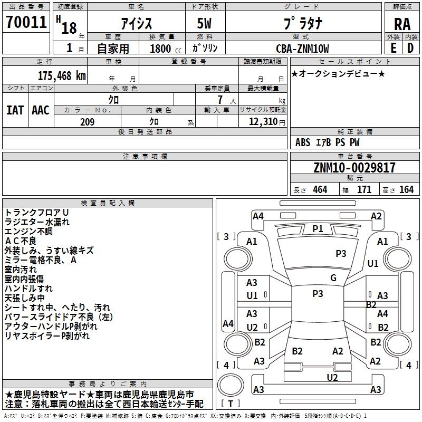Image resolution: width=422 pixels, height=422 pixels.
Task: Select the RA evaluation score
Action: tap(402, 24)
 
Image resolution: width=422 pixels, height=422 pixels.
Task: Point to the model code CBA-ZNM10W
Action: tap(302, 49)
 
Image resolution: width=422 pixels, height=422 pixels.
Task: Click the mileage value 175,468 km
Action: tap(62, 75)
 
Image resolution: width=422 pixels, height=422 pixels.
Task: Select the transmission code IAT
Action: tap(15, 110)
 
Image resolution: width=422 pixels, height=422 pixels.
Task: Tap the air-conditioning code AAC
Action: tap(41, 110)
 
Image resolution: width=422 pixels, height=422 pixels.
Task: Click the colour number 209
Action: tap(87, 122)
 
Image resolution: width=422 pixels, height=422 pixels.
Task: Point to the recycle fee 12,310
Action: tap(262, 122)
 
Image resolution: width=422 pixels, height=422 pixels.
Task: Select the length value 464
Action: tap(320, 190)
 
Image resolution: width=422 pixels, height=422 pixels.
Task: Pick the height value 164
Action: tap(406, 190)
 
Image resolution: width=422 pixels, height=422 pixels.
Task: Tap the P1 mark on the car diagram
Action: tap(317, 228)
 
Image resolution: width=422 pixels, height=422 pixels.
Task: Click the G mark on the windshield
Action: tap(333, 277)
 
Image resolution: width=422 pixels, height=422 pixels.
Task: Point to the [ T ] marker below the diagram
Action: tap(231, 404)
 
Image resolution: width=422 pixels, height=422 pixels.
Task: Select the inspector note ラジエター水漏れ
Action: tap(37, 222)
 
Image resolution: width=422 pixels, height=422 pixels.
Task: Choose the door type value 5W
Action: tap(205, 24)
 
